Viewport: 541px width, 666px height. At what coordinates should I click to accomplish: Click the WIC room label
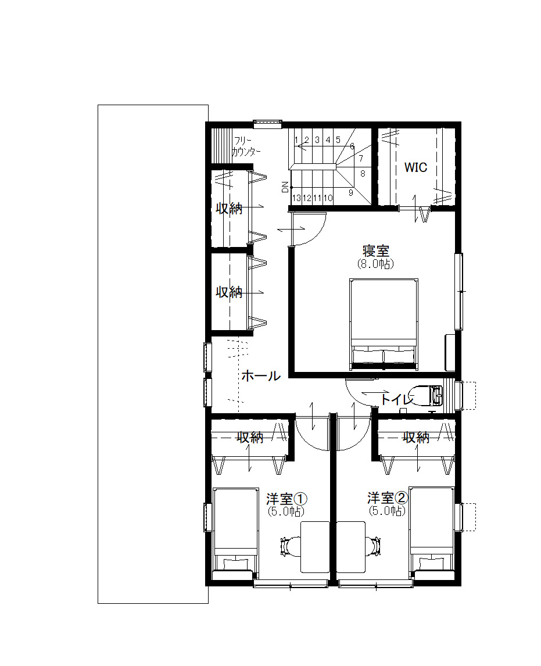[x=415, y=167]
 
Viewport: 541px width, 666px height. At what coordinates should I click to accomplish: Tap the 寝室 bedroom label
[x=376, y=250]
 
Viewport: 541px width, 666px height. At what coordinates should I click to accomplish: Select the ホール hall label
[x=261, y=375]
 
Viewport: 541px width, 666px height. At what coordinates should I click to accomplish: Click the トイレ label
[x=397, y=399]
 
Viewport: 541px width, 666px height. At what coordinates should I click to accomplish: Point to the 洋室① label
[x=286, y=498]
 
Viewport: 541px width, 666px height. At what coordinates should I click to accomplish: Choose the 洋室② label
[x=388, y=497]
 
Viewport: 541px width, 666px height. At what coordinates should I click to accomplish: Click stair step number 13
[x=296, y=198]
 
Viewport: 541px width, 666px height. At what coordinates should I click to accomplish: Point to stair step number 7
[x=361, y=159]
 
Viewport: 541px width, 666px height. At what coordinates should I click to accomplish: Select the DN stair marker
[x=285, y=187]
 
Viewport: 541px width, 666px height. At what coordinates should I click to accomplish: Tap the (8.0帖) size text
[x=376, y=264]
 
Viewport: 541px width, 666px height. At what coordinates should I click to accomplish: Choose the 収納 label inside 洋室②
[x=416, y=437]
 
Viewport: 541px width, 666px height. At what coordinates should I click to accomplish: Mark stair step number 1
[x=296, y=139]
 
